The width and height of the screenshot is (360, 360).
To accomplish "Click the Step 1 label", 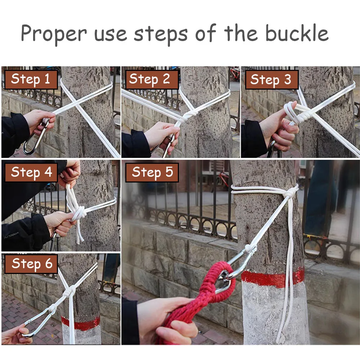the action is [x=31, y=80].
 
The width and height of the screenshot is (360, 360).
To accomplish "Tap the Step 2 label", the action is [x=152, y=80].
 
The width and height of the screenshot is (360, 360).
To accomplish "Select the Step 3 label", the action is [x=271, y=80].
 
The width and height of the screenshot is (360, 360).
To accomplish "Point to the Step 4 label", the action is [x=31, y=172].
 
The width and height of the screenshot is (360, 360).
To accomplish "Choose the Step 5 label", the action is [x=152, y=172].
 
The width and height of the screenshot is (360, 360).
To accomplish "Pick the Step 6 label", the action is [x=31, y=264].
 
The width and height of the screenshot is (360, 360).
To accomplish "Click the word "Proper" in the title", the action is [x=54, y=34].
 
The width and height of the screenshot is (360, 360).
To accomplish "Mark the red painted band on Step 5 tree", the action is [x=273, y=279].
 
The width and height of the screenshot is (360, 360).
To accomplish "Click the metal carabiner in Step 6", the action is [x=39, y=323].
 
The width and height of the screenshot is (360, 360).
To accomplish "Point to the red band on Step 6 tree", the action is [x=81, y=323].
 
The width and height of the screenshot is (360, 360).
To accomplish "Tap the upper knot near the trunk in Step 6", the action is [x=69, y=291].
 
